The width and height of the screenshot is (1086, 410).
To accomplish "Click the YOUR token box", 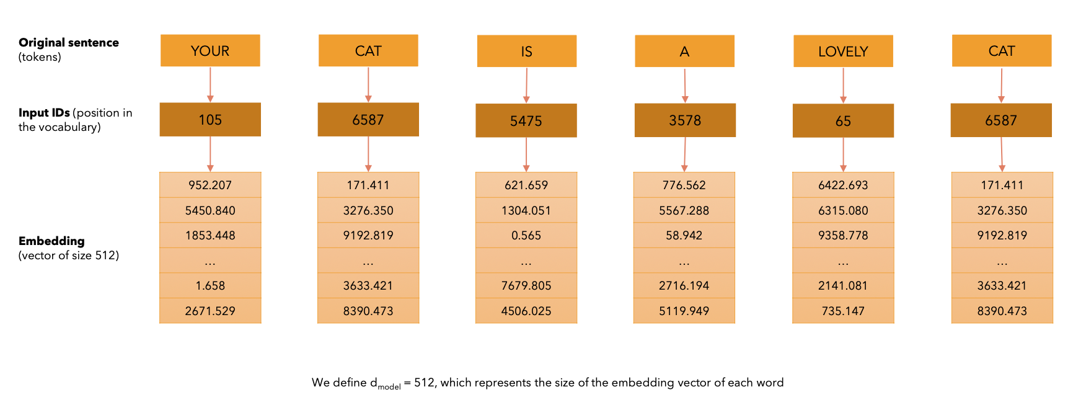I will pos(210,51).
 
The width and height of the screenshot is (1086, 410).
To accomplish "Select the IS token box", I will pos(526,51).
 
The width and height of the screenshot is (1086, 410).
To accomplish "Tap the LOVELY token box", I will pos(843,51).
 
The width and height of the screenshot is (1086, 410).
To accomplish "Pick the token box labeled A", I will pos(684,51).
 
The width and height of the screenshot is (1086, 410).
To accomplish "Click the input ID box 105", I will pos(210,120).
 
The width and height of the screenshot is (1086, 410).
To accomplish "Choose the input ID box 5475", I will pos(526,120).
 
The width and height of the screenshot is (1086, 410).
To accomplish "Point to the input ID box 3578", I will pos(685,120).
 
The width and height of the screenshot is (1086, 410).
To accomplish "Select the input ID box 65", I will pos(843,121).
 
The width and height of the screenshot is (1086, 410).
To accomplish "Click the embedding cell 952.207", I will pos(210,185).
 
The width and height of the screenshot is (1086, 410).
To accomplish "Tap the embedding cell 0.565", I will pos(526,235).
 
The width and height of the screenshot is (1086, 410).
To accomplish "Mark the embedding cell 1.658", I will pos(210,285).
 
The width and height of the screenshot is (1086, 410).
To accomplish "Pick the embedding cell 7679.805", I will pos(526,285).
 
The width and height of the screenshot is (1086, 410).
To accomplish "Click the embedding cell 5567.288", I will pos(684,210).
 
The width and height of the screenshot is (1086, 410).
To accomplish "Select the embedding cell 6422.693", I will pos(843,185).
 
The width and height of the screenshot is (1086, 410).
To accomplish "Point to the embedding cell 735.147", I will pos(843,311).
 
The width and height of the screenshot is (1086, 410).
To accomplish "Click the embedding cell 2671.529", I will pos(210,311).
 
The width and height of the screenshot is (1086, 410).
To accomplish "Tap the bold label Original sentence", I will pos(69,42).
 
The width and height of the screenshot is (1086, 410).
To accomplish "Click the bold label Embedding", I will pos(51,241).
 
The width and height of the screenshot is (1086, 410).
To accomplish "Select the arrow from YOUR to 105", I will pos(210,84).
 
